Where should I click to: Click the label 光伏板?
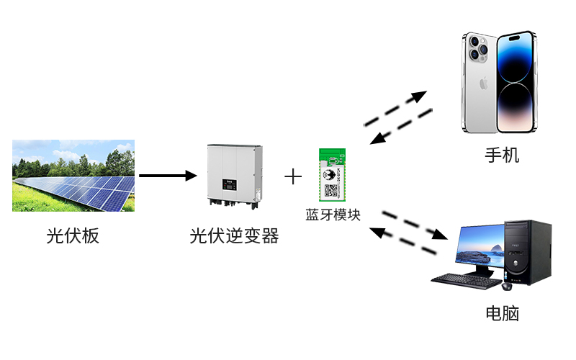click(73, 235)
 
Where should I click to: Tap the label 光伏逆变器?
click(234, 235)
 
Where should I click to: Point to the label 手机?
click(501, 155)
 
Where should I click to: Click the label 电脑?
click(501, 313)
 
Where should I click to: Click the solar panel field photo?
click(73, 176)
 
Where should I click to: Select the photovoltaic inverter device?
click(234, 175)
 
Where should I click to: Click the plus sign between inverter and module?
click(293, 176)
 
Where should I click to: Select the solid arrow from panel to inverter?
click(168, 176)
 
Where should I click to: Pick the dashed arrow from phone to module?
click(401, 127)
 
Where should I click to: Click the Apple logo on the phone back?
click(484, 84)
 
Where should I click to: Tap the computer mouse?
click(508, 287)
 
